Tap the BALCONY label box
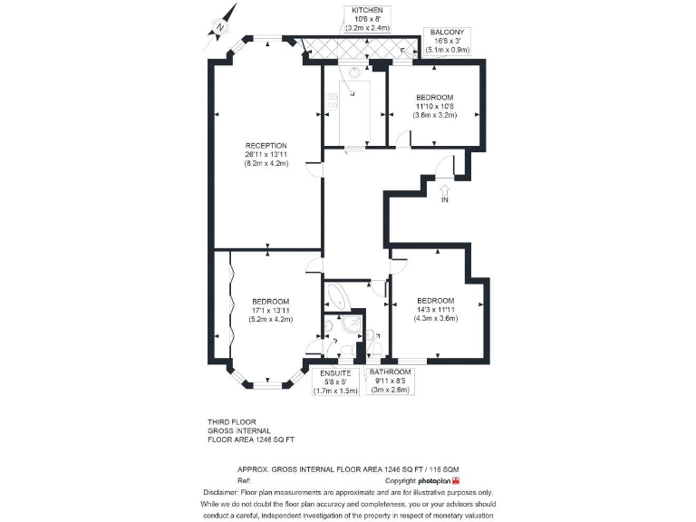pyautogui.click(x=449, y=41)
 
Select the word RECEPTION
pyautogui.click(x=266, y=145)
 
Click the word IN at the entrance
pyautogui.click(x=444, y=200)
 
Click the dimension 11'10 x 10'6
pyautogui.click(x=435, y=106)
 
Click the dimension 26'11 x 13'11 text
pyautogui.click(x=266, y=155)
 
